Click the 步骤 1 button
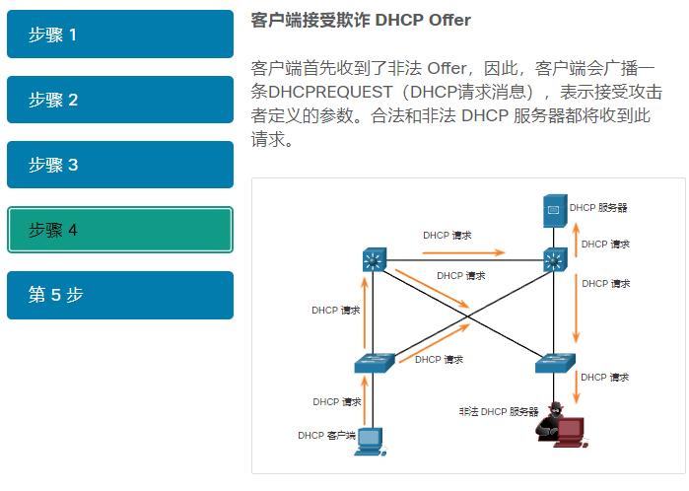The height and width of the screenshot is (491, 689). coord(119,35)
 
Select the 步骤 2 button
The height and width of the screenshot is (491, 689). coord(119,100)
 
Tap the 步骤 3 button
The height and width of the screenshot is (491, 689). coord(119,165)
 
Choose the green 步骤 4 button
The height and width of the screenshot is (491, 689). coord(119,230)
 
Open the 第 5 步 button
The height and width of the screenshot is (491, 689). coord(119,295)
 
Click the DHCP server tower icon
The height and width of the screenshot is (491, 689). coord(554,209)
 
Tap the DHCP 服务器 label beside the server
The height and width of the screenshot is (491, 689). coord(598,208)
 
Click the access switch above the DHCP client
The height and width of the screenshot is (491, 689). coord(374,363)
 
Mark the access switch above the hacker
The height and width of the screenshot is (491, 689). coord(555,363)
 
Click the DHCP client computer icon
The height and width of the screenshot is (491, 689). coord(370,438)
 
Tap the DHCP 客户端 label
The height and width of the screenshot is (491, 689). coord(325,435)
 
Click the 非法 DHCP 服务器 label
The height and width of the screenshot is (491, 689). coord(499,411)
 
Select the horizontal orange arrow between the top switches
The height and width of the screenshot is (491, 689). coord(463,252)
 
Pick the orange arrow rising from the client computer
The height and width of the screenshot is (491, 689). coord(366,402)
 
